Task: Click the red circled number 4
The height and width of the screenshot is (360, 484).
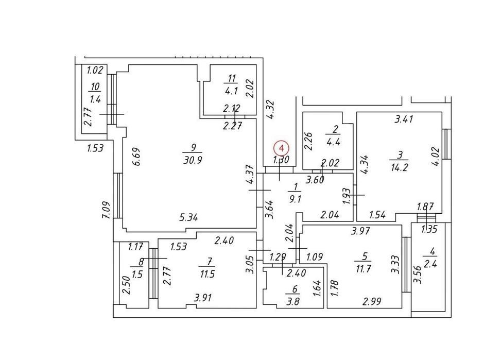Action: [x=281, y=148]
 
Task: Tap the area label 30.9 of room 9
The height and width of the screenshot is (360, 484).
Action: [x=193, y=160]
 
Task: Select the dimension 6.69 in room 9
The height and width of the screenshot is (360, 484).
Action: [x=137, y=157]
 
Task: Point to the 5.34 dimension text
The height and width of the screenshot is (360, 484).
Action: [x=188, y=217]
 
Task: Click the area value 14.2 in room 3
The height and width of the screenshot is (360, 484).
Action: [x=399, y=167]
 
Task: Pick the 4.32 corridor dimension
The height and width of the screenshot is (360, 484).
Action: [x=271, y=109]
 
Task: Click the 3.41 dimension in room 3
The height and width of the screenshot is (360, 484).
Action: [x=404, y=118]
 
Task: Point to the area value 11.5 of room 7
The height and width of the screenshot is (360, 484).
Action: [x=207, y=273]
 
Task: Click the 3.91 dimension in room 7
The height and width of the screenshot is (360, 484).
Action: [x=203, y=298]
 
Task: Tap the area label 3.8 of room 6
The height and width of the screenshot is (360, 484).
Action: [x=292, y=301]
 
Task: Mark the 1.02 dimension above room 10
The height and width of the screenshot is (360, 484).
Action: [x=95, y=71]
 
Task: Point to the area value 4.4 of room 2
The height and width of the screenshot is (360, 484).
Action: [x=333, y=142]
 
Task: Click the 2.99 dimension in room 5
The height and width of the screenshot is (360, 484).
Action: [x=372, y=301]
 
